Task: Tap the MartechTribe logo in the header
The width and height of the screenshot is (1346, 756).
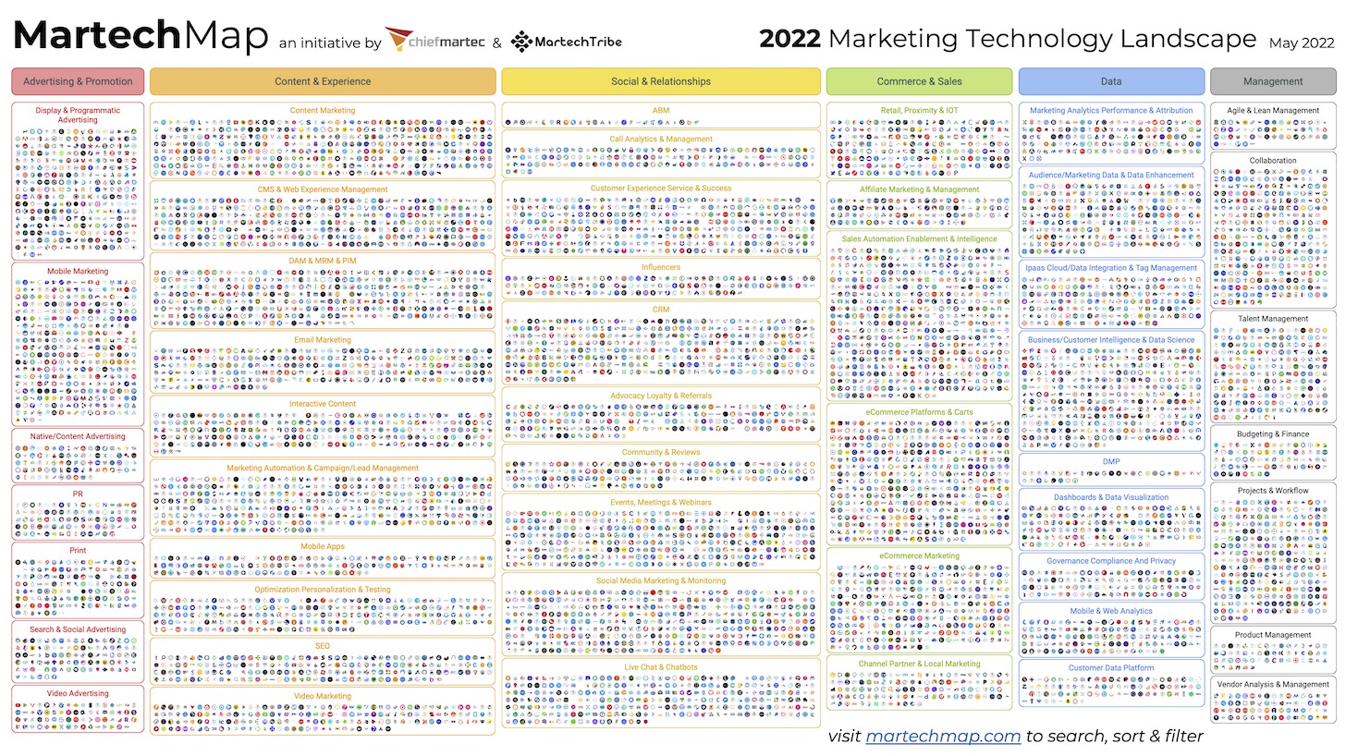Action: pyautogui.click(x=566, y=42)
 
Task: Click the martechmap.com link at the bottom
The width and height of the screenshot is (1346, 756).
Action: pyautogui.click(x=943, y=736)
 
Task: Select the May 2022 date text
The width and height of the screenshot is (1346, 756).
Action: pyautogui.click(x=1301, y=43)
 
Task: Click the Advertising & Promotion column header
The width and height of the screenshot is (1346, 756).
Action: pyautogui.click(x=78, y=81)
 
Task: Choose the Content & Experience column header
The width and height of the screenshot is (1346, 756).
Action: pyautogui.click(x=323, y=81)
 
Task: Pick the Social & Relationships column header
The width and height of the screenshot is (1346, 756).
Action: pyautogui.click(x=661, y=81)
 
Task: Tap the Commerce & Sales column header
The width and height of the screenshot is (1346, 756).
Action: pyautogui.click(x=919, y=81)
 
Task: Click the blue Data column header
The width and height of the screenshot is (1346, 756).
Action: pyautogui.click(x=1111, y=81)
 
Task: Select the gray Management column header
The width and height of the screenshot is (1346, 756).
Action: pyautogui.click(x=1273, y=81)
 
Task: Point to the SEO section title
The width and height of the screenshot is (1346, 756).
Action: pyautogui.click(x=323, y=646)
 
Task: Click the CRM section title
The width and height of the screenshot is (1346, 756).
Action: pyautogui.click(x=661, y=310)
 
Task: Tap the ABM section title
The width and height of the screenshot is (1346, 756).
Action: pyautogui.click(x=661, y=110)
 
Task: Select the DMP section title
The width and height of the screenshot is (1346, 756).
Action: pyautogui.click(x=1111, y=461)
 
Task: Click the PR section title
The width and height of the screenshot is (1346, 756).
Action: pyautogui.click(x=78, y=494)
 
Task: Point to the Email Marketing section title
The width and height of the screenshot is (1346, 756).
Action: pyautogui.click(x=323, y=339)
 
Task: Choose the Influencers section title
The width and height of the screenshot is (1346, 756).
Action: pyautogui.click(x=661, y=267)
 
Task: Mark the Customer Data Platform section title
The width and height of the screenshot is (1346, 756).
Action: pyautogui.click(x=1111, y=667)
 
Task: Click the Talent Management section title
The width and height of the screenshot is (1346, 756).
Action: pyautogui.click(x=1273, y=319)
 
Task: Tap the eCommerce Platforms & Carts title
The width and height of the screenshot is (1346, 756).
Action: pyautogui.click(x=919, y=411)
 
